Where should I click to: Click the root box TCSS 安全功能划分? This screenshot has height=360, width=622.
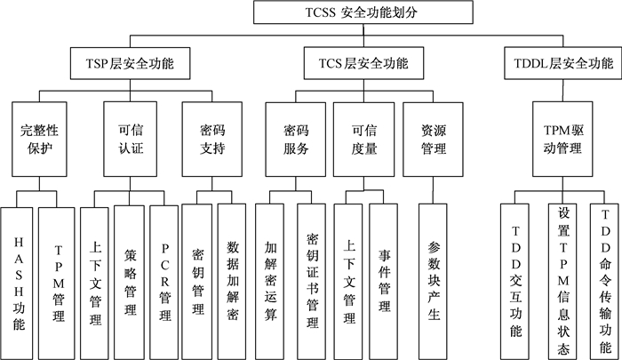click(363, 12)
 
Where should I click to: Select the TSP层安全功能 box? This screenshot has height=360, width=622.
click(130, 63)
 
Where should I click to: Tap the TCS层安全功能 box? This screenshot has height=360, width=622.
click(363, 63)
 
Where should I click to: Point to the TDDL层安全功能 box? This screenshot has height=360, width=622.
click(562, 63)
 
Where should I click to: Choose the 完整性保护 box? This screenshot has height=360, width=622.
click(39, 140)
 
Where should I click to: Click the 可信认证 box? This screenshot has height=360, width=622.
click(130, 140)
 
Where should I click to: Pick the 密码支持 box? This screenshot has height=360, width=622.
click(211, 140)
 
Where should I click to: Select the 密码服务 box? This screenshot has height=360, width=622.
click(296, 140)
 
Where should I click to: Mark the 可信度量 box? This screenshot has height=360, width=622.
click(363, 140)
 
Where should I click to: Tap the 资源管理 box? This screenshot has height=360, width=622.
click(434, 140)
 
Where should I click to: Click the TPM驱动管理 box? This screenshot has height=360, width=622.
click(562, 140)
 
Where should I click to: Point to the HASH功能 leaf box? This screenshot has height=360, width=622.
click(17, 284)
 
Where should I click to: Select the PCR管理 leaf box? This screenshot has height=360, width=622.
click(163, 283)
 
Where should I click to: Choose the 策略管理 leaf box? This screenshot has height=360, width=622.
click(129, 283)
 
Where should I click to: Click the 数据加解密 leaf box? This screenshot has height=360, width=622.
click(232, 282)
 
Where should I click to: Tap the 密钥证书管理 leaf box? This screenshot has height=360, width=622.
click(311, 282)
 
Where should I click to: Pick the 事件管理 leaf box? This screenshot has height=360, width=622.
click(383, 282)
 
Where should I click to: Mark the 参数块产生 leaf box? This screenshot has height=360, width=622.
click(433, 282)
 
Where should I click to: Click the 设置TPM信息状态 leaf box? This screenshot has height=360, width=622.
click(562, 282)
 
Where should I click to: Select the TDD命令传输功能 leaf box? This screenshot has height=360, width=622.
click(604, 282)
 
